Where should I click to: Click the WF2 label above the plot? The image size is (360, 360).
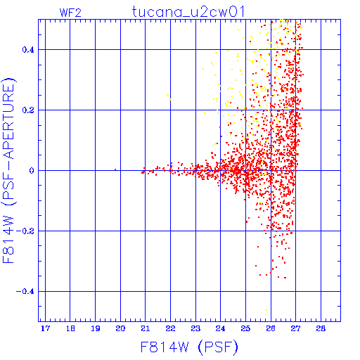(x=70, y=13)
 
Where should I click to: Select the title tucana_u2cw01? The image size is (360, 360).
(x=188, y=11)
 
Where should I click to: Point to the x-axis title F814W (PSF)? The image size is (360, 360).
(x=189, y=347)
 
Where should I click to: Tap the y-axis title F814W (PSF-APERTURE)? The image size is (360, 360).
(x=8, y=171)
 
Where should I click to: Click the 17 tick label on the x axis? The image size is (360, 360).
(x=45, y=328)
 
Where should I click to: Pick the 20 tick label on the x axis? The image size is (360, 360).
(x=120, y=328)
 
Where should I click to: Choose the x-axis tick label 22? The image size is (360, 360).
(x=171, y=328)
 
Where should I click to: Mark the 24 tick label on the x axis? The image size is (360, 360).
(x=221, y=328)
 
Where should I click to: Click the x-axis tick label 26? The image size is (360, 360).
(x=271, y=328)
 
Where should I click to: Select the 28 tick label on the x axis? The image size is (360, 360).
(x=321, y=328)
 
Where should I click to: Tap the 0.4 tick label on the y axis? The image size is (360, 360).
(x=28, y=50)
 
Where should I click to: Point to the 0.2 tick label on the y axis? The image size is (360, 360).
(x=28, y=110)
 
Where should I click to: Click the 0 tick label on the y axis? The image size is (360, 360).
(x=32, y=171)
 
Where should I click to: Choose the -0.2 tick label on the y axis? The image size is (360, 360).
(x=25, y=231)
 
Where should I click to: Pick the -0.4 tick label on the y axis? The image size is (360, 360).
(x=25, y=292)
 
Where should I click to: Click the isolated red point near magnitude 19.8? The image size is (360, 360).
(x=115, y=169)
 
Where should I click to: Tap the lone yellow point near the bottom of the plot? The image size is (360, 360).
(x=266, y=310)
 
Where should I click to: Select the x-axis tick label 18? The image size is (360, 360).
(x=70, y=328)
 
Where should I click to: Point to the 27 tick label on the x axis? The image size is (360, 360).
(x=296, y=328)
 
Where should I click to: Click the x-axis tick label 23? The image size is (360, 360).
(x=195, y=328)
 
